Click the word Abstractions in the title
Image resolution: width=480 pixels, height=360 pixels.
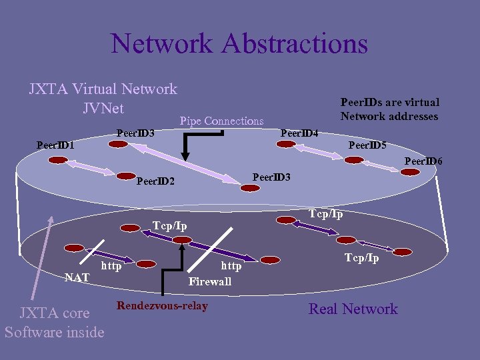pyautogui.click(x=295, y=43)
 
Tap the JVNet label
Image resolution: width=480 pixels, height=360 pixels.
pyautogui.click(x=103, y=107)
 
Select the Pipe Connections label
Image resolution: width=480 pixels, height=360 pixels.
pyautogui.click(x=221, y=121)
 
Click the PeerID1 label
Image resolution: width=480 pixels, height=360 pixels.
pyautogui.click(x=55, y=145)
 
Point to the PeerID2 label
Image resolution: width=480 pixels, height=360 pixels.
pyautogui.click(x=155, y=181)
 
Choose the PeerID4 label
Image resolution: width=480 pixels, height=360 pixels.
pyautogui.click(x=299, y=133)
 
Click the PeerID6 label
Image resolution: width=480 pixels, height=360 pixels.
pyautogui.click(x=423, y=161)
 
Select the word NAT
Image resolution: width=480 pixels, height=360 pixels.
pyautogui.click(x=77, y=277)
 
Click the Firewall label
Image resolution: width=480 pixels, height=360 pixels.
pyautogui.click(x=209, y=281)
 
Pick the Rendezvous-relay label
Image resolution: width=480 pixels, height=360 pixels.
pyautogui.click(x=162, y=306)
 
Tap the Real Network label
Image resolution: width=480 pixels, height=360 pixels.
pyautogui.click(x=353, y=309)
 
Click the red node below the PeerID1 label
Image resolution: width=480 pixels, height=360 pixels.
pyautogui.click(x=59, y=160)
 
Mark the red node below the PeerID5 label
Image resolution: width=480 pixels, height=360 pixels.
pyautogui.click(x=353, y=159)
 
